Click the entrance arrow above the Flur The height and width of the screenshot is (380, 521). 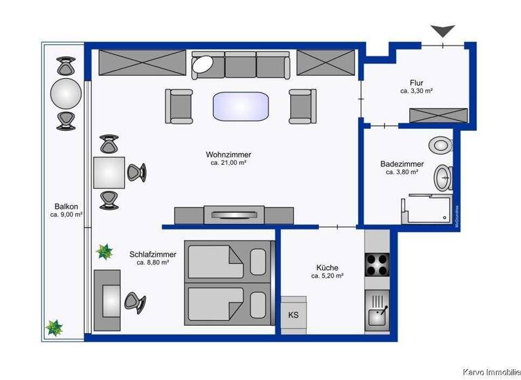coord(444,31)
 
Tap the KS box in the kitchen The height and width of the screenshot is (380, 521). coord(294,315)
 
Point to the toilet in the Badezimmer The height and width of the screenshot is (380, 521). coord(442,144)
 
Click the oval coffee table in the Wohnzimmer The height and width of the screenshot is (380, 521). coord(241,107)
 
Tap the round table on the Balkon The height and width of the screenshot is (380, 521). coord(66,93)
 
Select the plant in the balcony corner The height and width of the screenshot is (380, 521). coord(54,328)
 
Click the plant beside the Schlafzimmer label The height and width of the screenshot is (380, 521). coord(104,252)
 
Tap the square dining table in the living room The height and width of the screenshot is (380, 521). coord(109,172)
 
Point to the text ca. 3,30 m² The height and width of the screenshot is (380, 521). coord(417,91)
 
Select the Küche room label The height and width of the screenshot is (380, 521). coord(327,267)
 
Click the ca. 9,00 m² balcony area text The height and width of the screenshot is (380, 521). coord(66,214)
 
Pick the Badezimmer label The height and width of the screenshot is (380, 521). coord(402,164)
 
